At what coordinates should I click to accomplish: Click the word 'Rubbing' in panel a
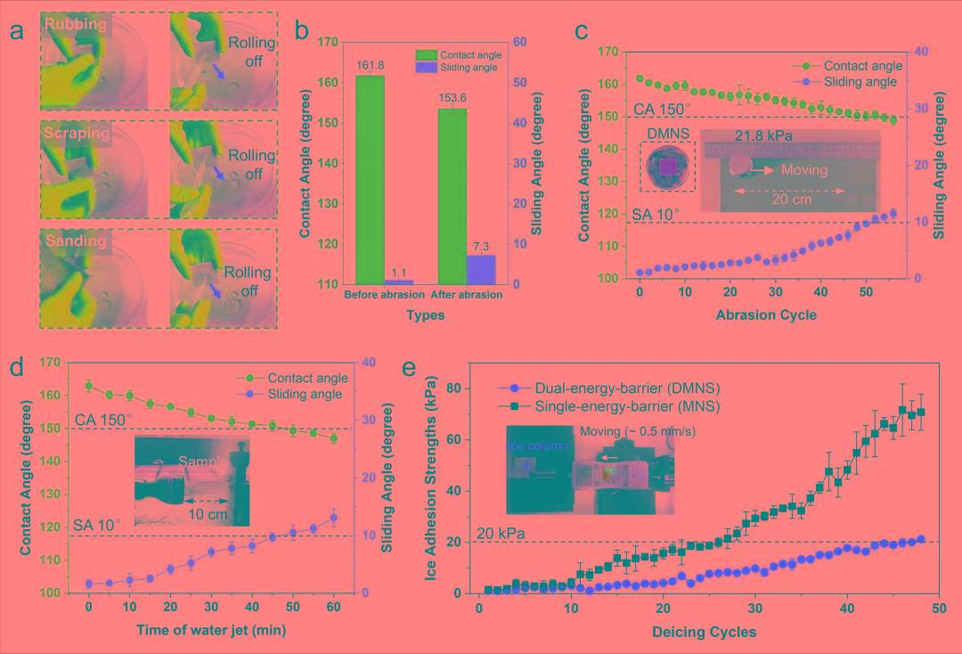pos(76,25)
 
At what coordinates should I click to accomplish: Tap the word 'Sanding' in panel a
pos(76,241)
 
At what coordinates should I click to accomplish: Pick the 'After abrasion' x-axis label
pos(466,294)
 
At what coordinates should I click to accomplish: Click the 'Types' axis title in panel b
pos(425,315)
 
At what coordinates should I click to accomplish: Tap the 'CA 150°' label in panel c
pos(664,109)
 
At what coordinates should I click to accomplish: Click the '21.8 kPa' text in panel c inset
pos(763,136)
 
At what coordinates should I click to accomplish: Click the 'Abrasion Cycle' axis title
pos(765,315)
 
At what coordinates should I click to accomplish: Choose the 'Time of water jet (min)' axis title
pos(211,630)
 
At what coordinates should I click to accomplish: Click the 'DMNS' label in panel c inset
pos(668,134)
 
